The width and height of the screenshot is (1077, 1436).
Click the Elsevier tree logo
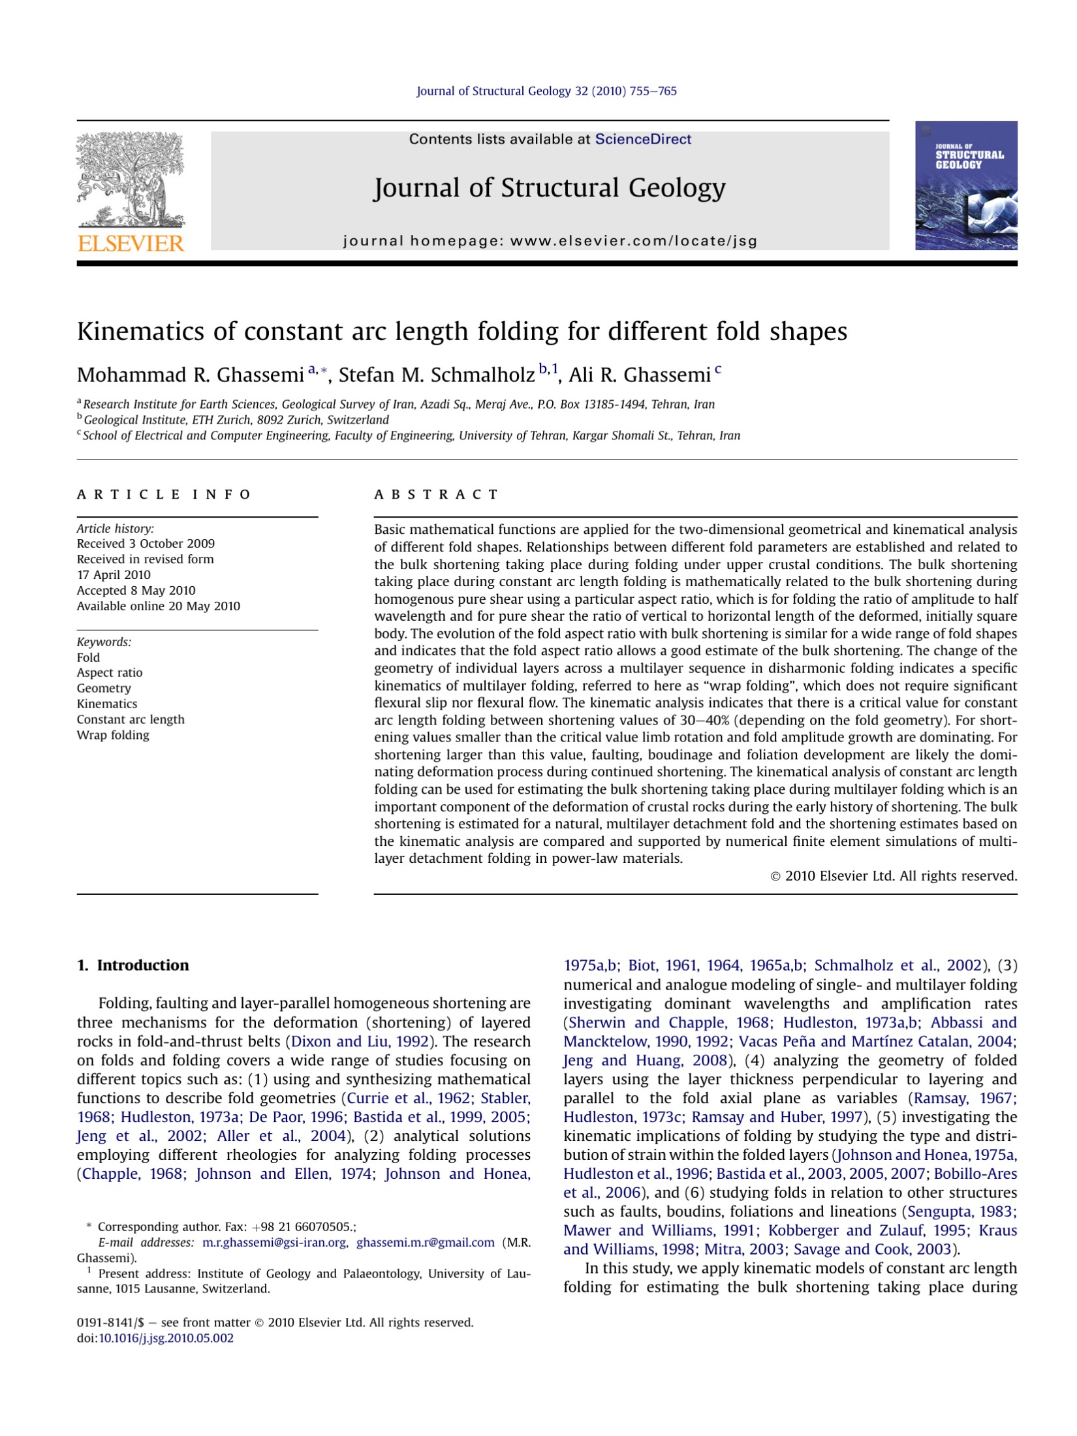[131, 179]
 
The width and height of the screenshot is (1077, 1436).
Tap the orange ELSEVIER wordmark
[131, 243]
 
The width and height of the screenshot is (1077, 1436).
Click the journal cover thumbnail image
[965, 185]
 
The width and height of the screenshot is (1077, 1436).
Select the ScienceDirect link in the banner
[642, 139]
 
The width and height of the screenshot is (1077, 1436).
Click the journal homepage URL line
[550, 241]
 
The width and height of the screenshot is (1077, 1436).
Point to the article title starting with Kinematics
[461, 332]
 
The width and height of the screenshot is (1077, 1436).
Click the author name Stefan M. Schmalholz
[436, 375]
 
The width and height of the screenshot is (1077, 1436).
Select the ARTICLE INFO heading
[164, 494]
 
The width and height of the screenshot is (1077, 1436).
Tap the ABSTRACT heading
[436, 494]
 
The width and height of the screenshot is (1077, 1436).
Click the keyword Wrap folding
[113, 735]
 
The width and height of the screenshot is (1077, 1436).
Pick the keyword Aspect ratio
[110, 672]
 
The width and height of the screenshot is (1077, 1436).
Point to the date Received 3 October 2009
[146, 544]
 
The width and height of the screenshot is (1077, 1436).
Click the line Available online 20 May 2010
[159, 606]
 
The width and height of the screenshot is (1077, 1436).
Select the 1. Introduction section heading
[133, 965]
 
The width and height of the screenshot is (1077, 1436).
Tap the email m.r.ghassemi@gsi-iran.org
[274, 1242]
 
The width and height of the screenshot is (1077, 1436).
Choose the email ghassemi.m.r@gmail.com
[425, 1242]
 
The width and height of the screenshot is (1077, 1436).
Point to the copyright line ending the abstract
[894, 876]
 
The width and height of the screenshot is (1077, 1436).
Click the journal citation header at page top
[546, 91]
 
